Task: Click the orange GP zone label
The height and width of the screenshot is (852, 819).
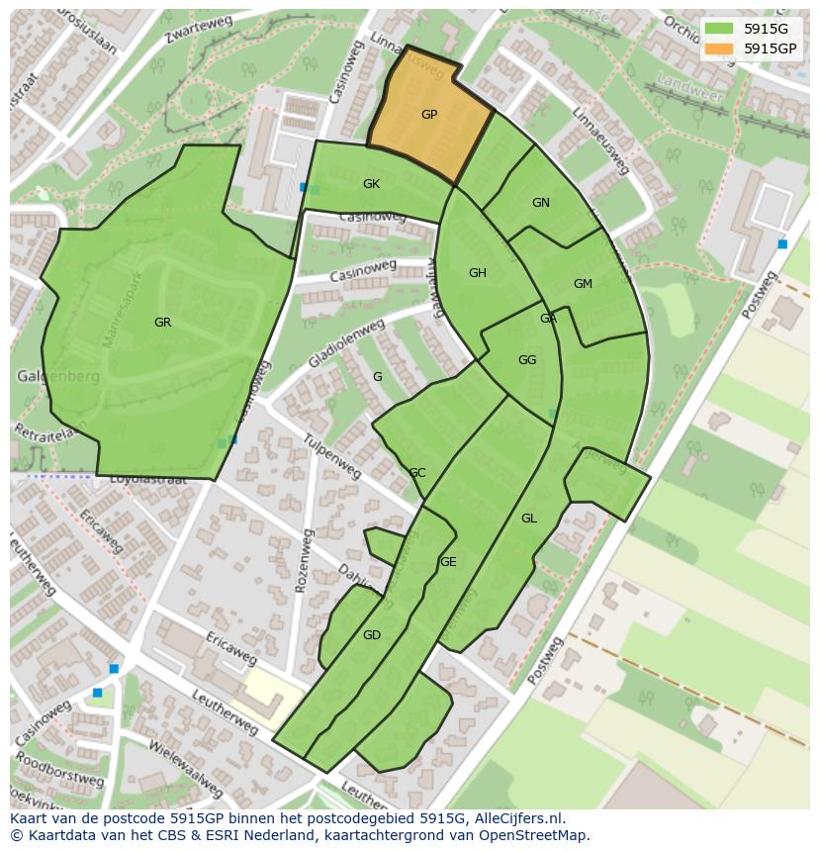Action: [429, 115]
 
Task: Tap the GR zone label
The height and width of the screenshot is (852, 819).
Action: [162, 323]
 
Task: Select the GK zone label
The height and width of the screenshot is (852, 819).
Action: [371, 184]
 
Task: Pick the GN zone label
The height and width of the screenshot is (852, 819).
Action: [540, 203]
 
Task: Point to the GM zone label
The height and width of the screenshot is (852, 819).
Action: [583, 284]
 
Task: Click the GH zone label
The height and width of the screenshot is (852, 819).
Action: [478, 273]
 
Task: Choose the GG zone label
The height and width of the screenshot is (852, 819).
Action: [527, 360]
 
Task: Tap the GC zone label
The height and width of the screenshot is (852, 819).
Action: [417, 473]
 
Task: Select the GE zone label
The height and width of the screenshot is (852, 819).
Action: [448, 562]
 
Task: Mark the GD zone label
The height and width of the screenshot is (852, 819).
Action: [372, 635]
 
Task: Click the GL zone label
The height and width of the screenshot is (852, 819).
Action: [529, 519]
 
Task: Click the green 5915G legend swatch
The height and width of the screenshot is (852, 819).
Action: [719, 29]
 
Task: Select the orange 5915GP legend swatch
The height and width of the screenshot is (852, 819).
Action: [719, 48]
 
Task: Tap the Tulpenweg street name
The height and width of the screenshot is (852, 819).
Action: [332, 455]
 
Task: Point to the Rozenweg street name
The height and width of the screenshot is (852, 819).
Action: [303, 561]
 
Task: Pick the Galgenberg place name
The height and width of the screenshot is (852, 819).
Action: [57, 377]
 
